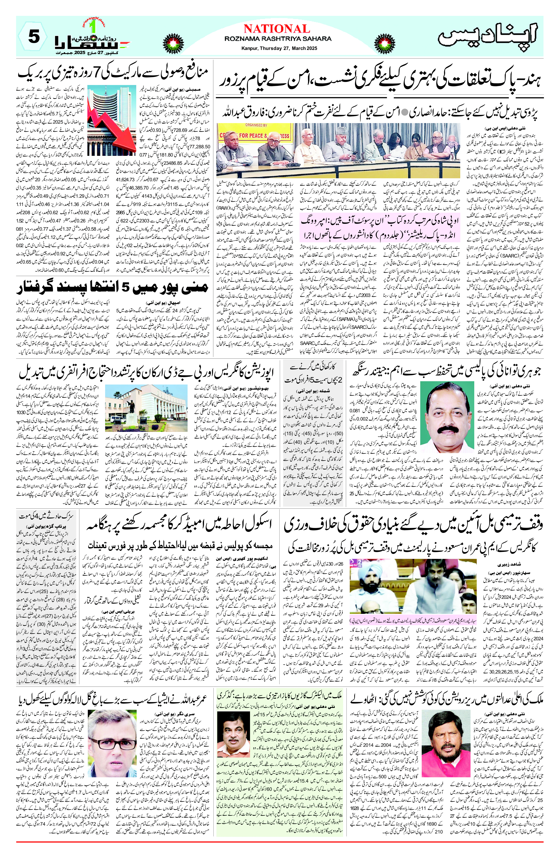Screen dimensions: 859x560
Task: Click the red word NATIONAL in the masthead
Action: tap(277, 29)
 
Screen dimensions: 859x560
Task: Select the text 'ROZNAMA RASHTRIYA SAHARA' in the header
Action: tap(277, 39)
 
